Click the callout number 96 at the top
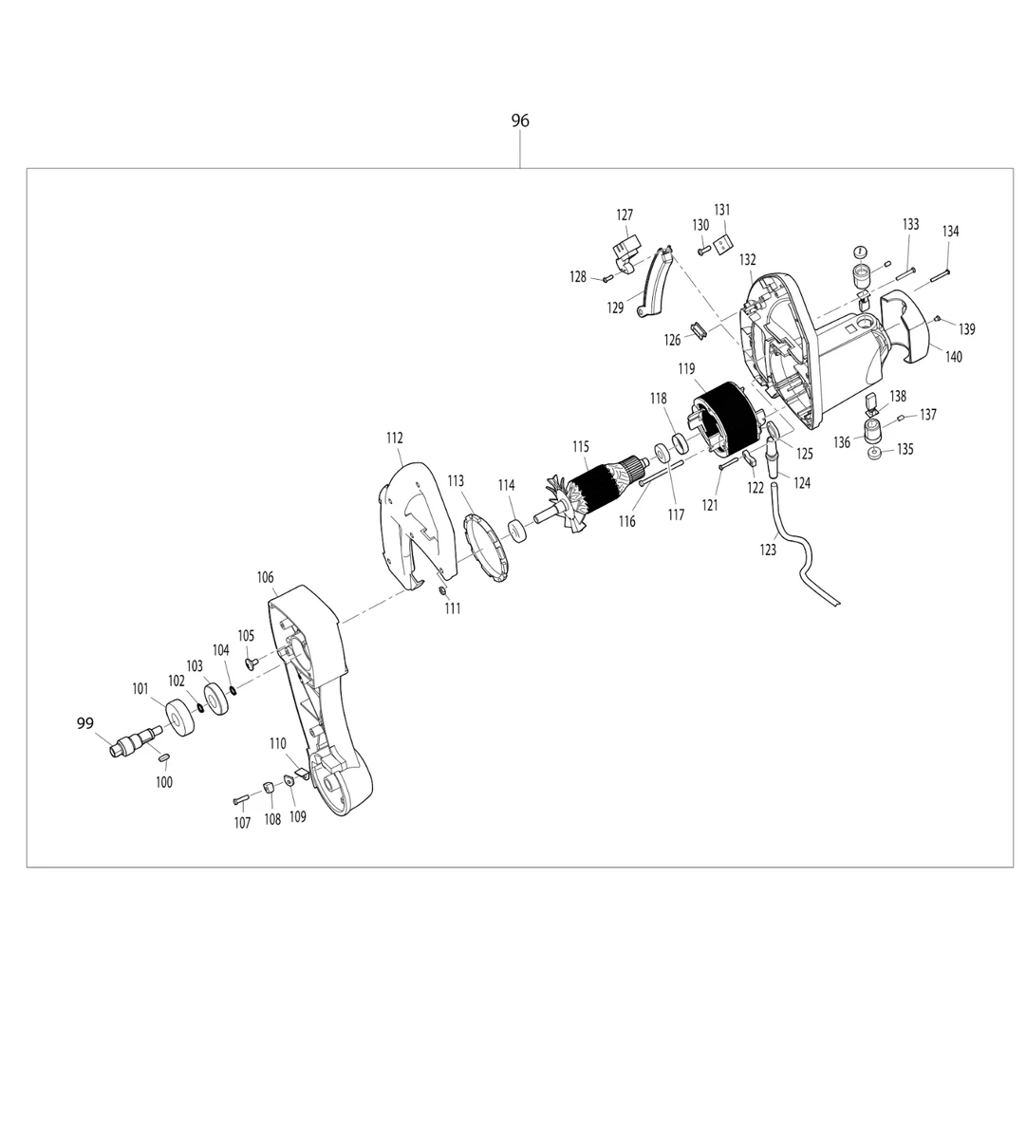pyautogui.click(x=520, y=121)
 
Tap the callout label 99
pyautogui.click(x=85, y=723)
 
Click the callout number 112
pyautogui.click(x=395, y=438)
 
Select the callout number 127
pyautogui.click(x=625, y=215)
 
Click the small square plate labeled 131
pyautogui.click(x=722, y=244)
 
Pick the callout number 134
pyautogui.click(x=950, y=232)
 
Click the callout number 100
pyautogui.click(x=165, y=782)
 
